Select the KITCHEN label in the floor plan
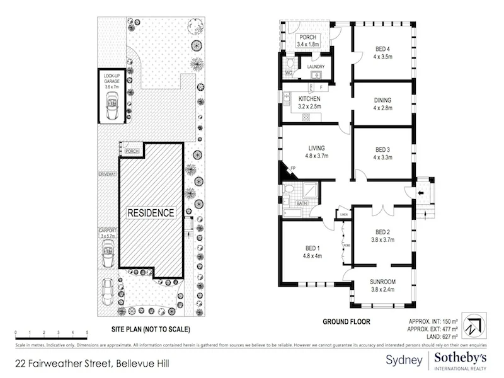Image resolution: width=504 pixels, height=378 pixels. (309, 100)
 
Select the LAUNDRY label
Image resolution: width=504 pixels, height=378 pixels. (315, 66)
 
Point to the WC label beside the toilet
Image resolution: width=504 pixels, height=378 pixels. (288, 74)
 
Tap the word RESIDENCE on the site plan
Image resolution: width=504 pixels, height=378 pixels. (151, 213)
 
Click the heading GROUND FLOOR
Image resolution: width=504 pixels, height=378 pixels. (346, 321)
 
